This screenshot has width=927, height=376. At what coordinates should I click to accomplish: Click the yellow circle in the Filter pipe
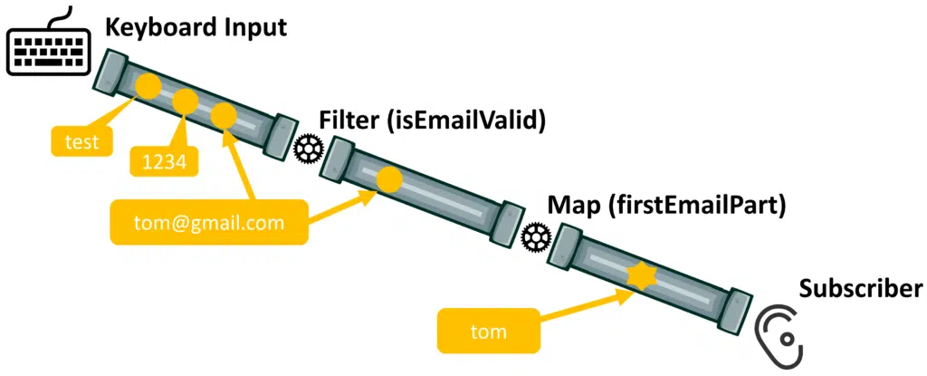pos(389,178)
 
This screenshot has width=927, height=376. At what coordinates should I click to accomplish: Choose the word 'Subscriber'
pos(860,289)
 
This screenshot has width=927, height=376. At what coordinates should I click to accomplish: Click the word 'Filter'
pos(349,121)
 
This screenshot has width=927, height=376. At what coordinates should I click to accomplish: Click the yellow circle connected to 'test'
pos(148,87)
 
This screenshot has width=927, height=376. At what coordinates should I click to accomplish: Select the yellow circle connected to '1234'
pos(185,101)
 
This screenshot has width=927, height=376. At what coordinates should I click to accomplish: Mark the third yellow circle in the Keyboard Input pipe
pos(224,115)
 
